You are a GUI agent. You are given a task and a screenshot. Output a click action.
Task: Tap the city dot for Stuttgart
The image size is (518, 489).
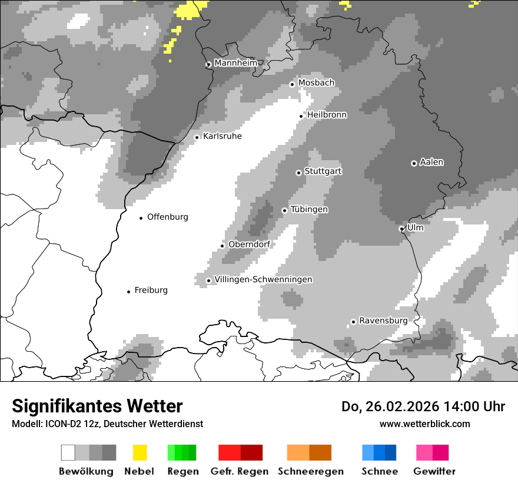coord(298,173)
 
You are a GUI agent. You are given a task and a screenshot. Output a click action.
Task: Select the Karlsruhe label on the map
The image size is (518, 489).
coord(223,136)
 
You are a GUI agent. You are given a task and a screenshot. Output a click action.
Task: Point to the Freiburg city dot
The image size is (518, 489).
coord(128,292)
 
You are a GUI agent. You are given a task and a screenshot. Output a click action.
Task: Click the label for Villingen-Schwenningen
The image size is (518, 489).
coord(263,279)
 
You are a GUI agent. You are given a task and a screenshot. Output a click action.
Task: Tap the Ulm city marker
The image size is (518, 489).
coord(401,229)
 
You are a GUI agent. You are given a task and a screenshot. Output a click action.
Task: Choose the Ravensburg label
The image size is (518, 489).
coord(383,321)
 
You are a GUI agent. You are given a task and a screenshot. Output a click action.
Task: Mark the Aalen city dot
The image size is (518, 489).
coord(414,163)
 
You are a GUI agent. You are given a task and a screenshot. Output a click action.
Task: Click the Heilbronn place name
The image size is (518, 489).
coord(327,115)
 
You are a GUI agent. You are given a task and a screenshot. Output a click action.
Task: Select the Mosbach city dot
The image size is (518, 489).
coord(292,84)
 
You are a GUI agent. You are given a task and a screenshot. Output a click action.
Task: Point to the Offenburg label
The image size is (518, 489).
coord(168,217)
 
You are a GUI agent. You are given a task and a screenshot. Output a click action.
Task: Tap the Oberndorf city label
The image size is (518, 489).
coord(249,244)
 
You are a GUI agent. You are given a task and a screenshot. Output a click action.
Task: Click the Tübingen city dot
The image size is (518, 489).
coord(284,210)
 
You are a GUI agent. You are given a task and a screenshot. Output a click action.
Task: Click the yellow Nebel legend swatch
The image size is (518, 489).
coord(140,452)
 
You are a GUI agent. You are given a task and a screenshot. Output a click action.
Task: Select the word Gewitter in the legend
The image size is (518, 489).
coord(434,471)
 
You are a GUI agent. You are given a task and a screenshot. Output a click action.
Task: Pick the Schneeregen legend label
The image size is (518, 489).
coord(311,471)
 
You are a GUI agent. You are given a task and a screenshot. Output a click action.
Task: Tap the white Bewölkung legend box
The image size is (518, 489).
coord(68,452)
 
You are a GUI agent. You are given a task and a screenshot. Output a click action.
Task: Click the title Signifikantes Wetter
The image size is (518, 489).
coord(97,407)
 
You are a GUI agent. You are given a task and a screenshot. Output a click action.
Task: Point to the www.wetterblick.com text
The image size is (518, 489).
coord(425,424)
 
